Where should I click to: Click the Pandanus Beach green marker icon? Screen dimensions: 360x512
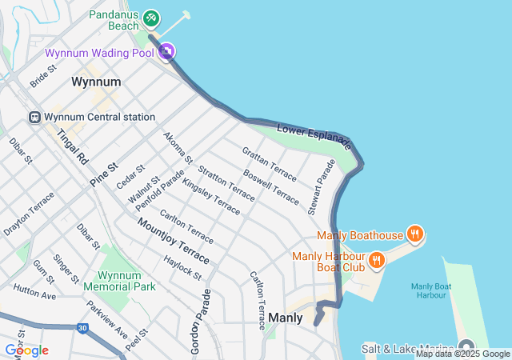[x=151, y=18]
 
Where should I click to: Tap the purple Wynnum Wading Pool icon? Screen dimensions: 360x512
[x=166, y=53]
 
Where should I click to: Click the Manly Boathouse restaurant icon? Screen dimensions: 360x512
[x=414, y=234]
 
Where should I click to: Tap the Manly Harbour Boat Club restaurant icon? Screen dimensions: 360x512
[x=375, y=260]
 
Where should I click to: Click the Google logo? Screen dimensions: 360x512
[x=26, y=350]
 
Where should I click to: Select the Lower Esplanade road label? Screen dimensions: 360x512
[x=314, y=137]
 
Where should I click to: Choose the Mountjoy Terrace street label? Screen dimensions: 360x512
[x=174, y=243]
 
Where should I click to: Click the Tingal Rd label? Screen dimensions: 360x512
[x=71, y=144]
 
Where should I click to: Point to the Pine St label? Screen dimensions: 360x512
[x=103, y=175]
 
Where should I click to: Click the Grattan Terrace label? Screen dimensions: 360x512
[x=269, y=161]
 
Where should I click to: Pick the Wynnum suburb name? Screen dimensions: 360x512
[x=96, y=82]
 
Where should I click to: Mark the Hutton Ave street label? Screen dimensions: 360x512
[x=34, y=291]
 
